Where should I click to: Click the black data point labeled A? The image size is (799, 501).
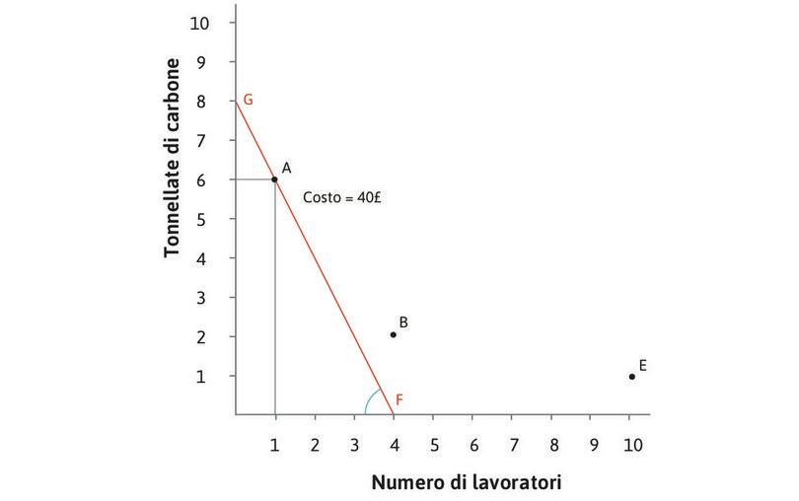(x=274, y=179)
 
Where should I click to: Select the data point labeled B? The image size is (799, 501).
(x=393, y=334)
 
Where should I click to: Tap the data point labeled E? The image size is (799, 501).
(x=631, y=376)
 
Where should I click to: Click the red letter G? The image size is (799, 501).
(x=248, y=100)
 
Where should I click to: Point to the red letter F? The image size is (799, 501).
(x=399, y=399)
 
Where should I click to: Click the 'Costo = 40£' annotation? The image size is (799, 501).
(x=342, y=197)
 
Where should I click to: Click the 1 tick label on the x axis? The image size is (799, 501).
(x=274, y=444)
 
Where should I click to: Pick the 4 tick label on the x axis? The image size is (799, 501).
(x=393, y=444)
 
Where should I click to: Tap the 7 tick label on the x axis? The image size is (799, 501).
(x=512, y=444)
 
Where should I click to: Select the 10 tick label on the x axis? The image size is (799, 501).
(x=632, y=444)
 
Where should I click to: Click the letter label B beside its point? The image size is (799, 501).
(x=403, y=322)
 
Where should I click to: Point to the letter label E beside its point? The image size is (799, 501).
(x=642, y=365)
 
